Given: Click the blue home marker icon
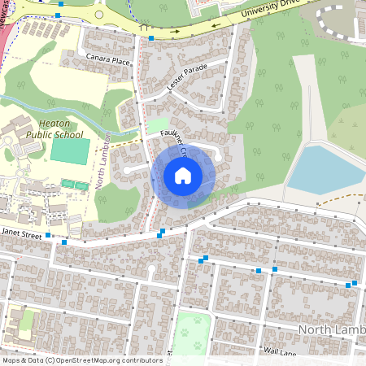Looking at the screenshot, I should click(x=183, y=175).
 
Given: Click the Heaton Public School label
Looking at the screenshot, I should click(x=33, y=128).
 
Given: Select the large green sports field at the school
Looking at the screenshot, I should click(x=70, y=150).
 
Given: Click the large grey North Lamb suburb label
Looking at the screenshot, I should click(x=331, y=329).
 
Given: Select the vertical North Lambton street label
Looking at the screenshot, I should click(x=102, y=161).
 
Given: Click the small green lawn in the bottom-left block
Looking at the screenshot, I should click(x=27, y=320).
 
